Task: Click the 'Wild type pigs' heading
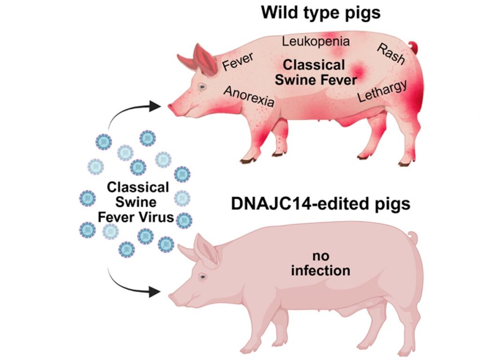coord(321,13)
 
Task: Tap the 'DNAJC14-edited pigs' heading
coord(320,204)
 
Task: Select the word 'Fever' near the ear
coord(238,61)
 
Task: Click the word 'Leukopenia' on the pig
coord(315,41)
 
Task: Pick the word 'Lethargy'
coord(382,91)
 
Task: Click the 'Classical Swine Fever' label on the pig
coord(315,72)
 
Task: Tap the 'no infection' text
coord(321,263)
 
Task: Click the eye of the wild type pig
coord(202,87)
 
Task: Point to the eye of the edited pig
coord(203,277)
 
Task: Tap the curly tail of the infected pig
coord(413,46)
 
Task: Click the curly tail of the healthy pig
coord(412,236)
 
